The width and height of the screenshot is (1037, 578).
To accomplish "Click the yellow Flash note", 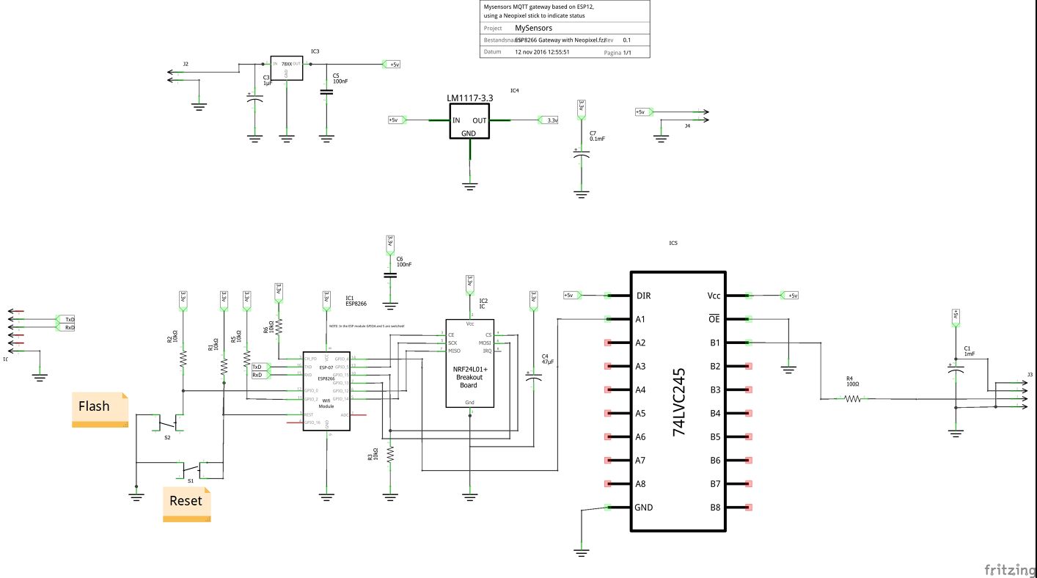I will pyautogui.click(x=100, y=409).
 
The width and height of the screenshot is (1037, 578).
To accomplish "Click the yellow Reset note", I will pyautogui.click(x=186, y=504).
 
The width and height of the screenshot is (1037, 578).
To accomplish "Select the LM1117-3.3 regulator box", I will pyautogui.click(x=469, y=120).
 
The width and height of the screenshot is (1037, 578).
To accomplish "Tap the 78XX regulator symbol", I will pyautogui.click(x=286, y=68).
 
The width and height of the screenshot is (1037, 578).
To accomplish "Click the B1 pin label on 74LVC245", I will pyautogui.click(x=716, y=343).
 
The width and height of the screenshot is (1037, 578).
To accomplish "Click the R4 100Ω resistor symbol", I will pyautogui.click(x=852, y=399).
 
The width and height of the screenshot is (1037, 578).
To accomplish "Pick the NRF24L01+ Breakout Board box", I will pyautogui.click(x=469, y=363).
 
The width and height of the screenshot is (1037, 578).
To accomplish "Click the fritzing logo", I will pyautogui.click(x=1006, y=568).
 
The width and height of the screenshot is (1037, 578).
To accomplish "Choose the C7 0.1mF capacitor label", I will pyautogui.click(x=597, y=136).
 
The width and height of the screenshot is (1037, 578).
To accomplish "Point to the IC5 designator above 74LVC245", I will pyautogui.click(x=673, y=243).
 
